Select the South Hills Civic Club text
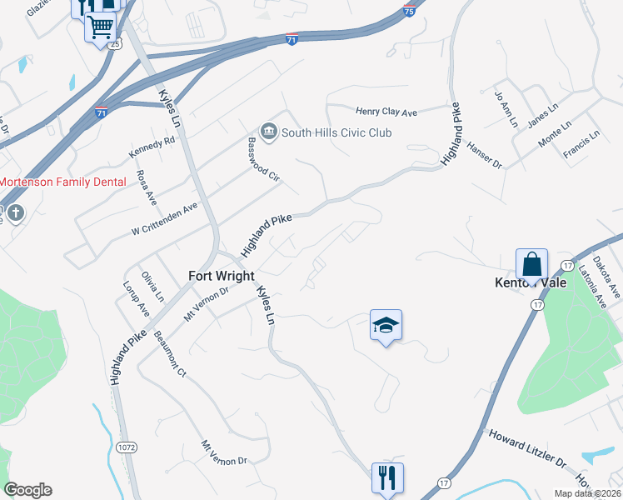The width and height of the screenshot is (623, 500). pos(336,132)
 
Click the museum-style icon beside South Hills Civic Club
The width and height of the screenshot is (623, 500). pos(269,132)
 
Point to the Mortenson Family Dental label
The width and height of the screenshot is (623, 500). pos(62,182)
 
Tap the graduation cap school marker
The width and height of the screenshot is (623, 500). pos(386,325)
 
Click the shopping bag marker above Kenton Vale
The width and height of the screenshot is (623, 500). pos(531,265)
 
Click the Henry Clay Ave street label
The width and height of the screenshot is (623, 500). pos(386,112)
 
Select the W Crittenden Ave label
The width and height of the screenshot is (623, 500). pos(164,218)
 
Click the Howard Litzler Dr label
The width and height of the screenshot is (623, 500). pos(526,448)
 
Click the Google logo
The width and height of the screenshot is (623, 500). pos(27,490)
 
